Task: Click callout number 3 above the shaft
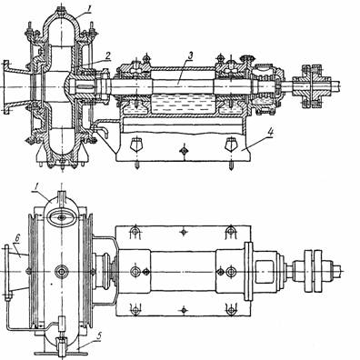190,55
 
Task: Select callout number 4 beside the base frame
271,133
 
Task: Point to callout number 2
109,55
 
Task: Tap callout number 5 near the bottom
99,335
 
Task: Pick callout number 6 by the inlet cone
17,239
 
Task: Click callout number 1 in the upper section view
89,9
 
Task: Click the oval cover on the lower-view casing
62,217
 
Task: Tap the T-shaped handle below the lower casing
62,354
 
